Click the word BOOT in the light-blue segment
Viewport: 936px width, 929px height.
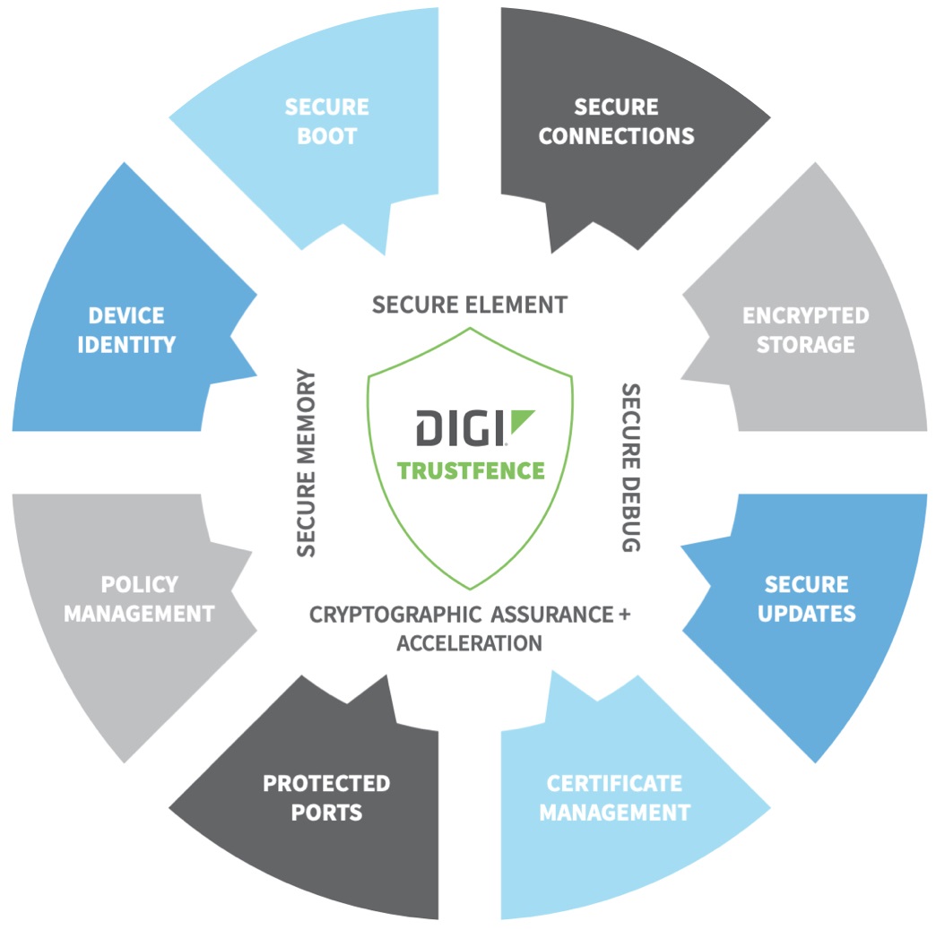(326, 137)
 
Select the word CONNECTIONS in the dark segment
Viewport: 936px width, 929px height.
(616, 136)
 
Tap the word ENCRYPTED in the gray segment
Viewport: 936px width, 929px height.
(805, 316)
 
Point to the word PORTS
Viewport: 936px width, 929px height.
(325, 813)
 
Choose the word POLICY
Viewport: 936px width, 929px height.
(139, 585)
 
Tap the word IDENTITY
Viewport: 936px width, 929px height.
(126, 345)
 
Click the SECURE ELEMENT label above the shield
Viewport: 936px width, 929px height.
(469, 305)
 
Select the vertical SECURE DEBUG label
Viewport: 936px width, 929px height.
(631, 467)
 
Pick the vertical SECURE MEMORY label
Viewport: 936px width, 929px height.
(307, 462)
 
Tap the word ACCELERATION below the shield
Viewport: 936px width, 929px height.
(469, 643)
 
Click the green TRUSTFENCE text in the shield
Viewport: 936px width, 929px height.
(471, 470)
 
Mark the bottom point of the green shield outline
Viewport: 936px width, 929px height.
(470, 588)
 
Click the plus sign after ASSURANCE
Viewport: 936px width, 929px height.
(624, 615)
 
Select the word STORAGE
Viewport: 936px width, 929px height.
(805, 345)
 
